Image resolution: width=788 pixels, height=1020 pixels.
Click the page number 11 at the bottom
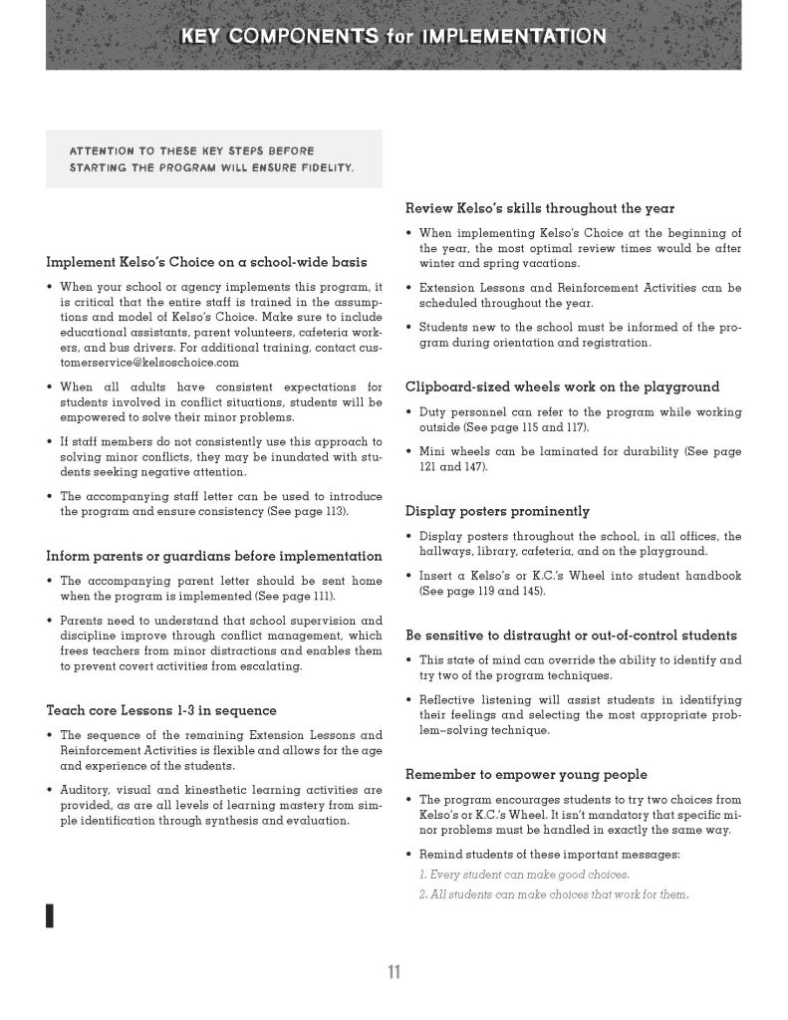click(x=394, y=973)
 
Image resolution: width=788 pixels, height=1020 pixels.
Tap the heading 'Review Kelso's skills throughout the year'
click(x=539, y=208)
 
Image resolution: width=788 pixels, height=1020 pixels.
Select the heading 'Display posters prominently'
click(x=497, y=511)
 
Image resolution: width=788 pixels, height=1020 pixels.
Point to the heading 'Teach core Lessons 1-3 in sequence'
click(x=161, y=710)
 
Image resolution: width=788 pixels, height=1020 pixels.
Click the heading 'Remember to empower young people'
click(x=526, y=774)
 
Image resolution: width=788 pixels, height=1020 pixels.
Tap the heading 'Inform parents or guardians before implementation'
click(x=214, y=555)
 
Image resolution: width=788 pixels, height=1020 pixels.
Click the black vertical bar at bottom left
click(x=49, y=915)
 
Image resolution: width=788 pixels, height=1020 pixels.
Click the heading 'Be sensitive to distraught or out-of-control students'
click(x=572, y=635)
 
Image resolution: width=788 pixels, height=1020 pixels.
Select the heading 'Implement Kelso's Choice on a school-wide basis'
click(x=207, y=263)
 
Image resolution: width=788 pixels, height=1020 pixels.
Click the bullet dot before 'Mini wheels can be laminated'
click(x=410, y=451)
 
